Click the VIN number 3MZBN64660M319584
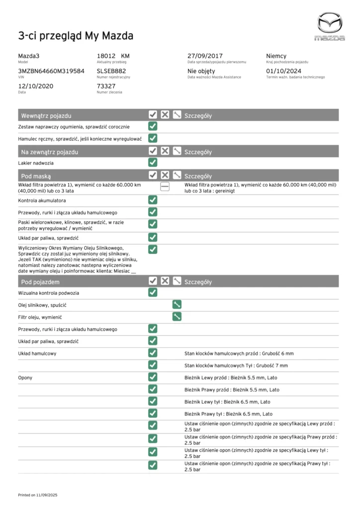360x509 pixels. coord(51,71)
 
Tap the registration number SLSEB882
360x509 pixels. coord(111,71)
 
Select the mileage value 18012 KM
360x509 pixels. coord(113,56)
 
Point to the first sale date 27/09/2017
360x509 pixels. coord(205,56)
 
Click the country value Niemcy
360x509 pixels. coord(276,56)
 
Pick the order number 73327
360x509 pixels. coord(106,86)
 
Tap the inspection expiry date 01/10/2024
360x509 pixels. coord(285,71)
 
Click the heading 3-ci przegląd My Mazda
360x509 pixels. coord(76,36)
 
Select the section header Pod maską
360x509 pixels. coord(36,176)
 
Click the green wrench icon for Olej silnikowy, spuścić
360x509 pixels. coord(177,305)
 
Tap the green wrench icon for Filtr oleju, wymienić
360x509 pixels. coord(177,317)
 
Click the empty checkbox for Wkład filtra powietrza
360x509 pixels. coord(165,187)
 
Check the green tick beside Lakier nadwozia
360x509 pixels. coord(153,163)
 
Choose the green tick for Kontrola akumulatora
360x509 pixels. coord(153,200)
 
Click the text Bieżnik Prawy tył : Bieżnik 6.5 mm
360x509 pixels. coord(228,414)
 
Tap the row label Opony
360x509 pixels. coord(25,377)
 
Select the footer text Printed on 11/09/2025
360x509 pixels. coord(38,495)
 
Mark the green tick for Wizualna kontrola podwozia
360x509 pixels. coord(153,293)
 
